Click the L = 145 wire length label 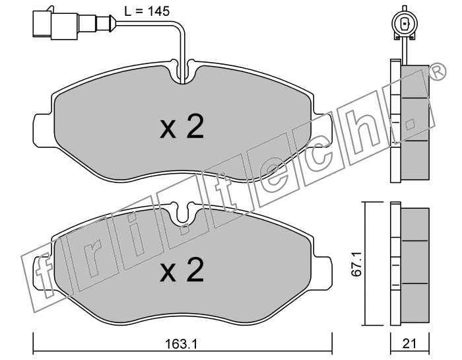(x=147, y=11)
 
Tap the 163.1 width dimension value (x=181, y=343)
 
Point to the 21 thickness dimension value (x=410, y=343)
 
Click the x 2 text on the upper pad (x=181, y=127)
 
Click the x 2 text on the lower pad (x=181, y=270)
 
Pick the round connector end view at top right (x=405, y=24)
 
